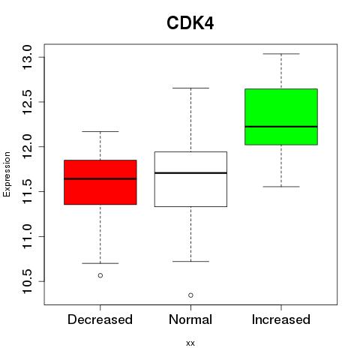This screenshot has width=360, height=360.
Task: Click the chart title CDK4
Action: (x=190, y=23)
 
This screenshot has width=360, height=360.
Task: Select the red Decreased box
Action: (x=100, y=182)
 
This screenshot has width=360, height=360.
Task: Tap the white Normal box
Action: (x=190, y=179)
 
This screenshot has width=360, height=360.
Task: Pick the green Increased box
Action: (x=281, y=117)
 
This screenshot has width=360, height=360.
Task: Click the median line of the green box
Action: (x=281, y=127)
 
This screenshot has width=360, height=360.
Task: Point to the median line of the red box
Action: (x=100, y=178)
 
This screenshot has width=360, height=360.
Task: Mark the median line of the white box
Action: (x=190, y=173)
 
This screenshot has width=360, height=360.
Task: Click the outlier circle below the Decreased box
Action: (x=100, y=275)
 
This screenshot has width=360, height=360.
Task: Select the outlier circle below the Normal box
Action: (x=190, y=295)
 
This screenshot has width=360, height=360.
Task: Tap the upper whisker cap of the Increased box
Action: (x=281, y=54)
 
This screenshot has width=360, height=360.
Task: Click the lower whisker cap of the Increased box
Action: (x=281, y=187)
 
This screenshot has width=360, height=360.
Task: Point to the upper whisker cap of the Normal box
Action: (x=190, y=88)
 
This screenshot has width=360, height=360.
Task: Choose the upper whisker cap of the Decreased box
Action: (x=100, y=131)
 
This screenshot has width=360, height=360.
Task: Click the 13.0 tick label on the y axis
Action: (x=27, y=57)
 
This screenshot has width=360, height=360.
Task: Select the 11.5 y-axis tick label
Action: (x=27, y=191)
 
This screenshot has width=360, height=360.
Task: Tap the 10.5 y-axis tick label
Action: (x=27, y=281)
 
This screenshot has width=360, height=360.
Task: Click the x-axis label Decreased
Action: (x=100, y=319)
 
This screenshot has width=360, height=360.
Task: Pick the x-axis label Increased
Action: (x=281, y=319)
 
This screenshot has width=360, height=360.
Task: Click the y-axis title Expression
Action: (x=7, y=174)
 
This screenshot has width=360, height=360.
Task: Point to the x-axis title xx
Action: (x=190, y=343)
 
